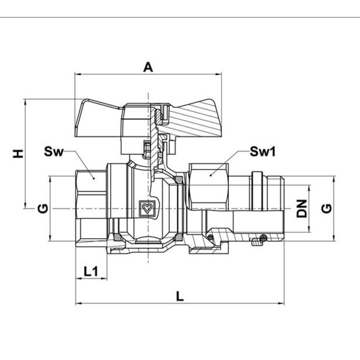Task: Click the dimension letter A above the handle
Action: point(148,68)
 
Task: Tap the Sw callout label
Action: point(53,153)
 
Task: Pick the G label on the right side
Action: point(327,208)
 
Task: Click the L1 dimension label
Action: point(91,271)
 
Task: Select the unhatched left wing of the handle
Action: point(97,117)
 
